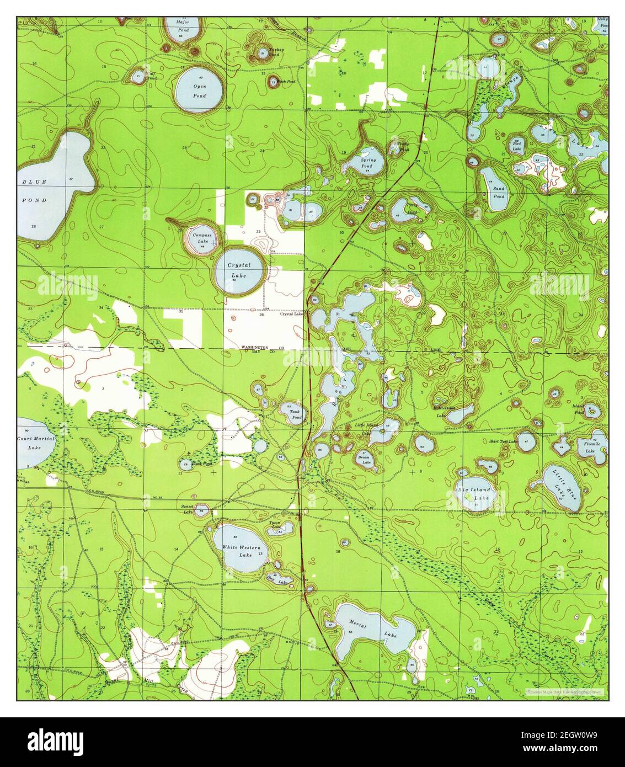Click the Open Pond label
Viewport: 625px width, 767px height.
[199, 91]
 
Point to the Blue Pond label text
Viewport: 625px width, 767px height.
[34, 191]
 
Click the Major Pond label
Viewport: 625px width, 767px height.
[182, 26]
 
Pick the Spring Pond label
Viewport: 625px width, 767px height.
[368, 163]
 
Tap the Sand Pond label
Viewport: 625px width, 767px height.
[499, 192]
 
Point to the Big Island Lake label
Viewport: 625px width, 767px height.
[474, 493]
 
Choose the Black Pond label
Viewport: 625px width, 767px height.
[201, 464]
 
